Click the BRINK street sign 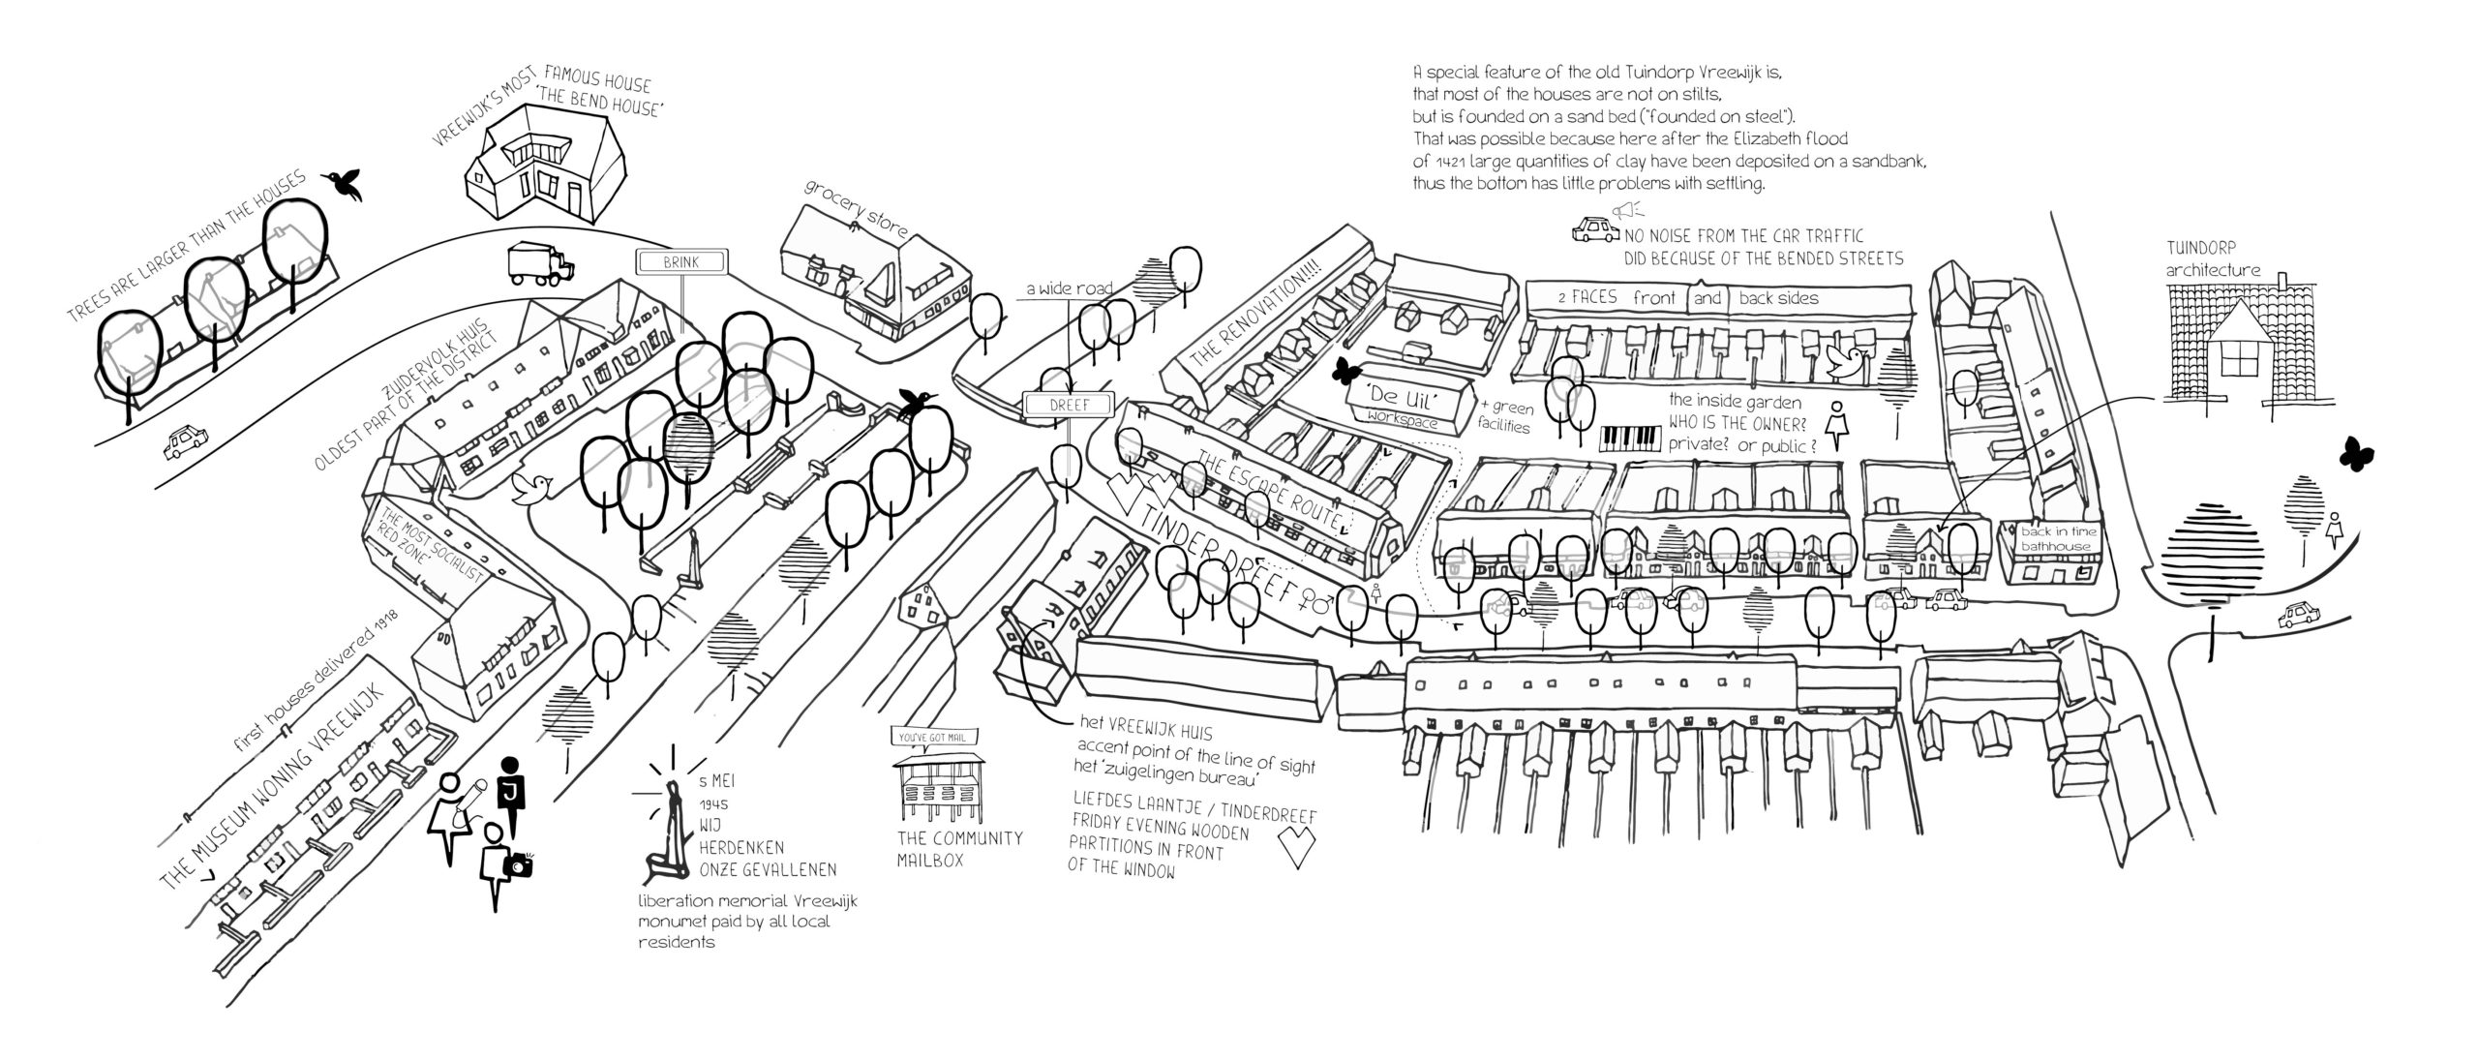(x=680, y=261)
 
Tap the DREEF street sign (x=1068, y=405)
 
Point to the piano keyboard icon (x=1628, y=439)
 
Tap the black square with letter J (x=509, y=793)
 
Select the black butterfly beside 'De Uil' (x=1345, y=370)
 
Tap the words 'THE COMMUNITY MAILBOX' (x=958, y=848)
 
